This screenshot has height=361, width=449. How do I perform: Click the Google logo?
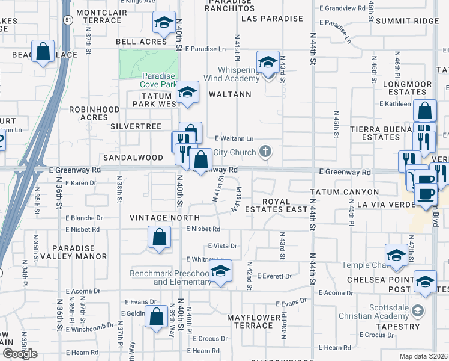(x=20, y=353)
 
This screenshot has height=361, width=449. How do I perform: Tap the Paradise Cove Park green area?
(x=148, y=63)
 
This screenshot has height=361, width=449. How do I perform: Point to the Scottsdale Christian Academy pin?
(x=418, y=311)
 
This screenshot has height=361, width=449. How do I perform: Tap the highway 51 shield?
(x=69, y=19)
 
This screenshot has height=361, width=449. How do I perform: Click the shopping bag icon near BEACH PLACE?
(x=43, y=52)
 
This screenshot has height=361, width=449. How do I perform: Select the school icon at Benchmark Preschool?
(x=220, y=271)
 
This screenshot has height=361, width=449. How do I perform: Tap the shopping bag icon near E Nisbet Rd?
(x=160, y=238)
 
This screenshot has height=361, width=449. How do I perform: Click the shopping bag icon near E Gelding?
(x=156, y=316)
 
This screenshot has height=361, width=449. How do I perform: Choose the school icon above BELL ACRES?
(x=163, y=23)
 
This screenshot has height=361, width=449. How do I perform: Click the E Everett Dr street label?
(x=274, y=276)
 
